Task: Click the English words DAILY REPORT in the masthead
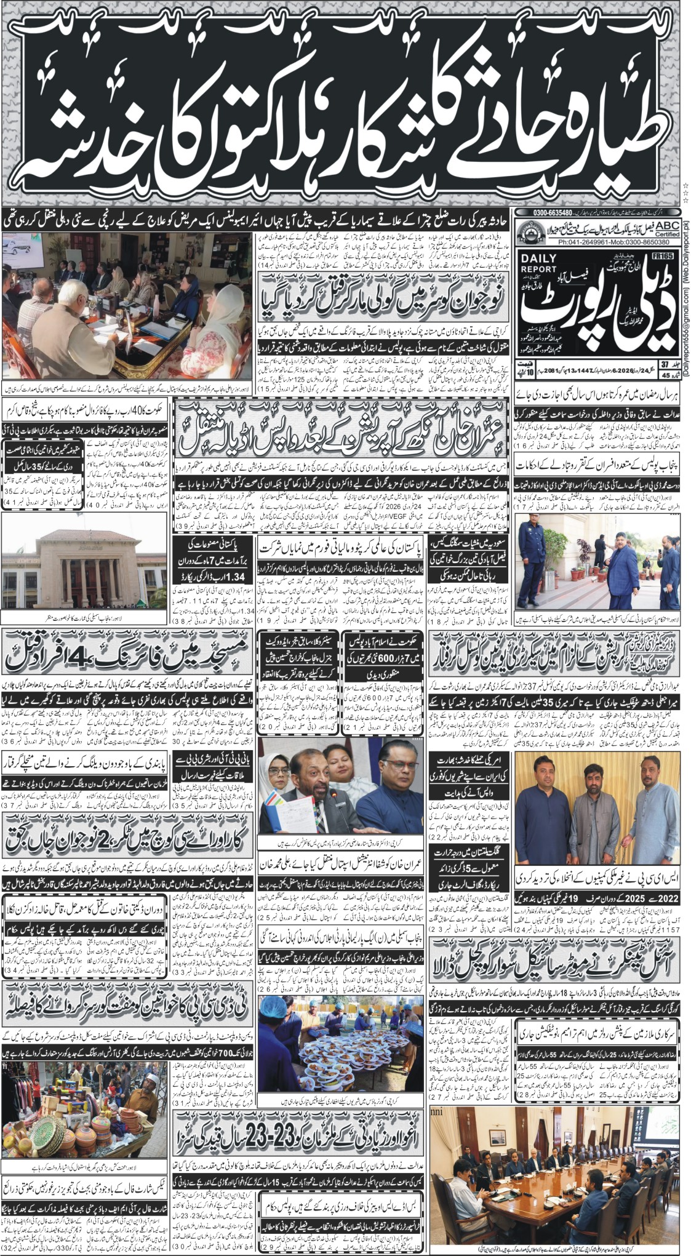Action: pos(538,264)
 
